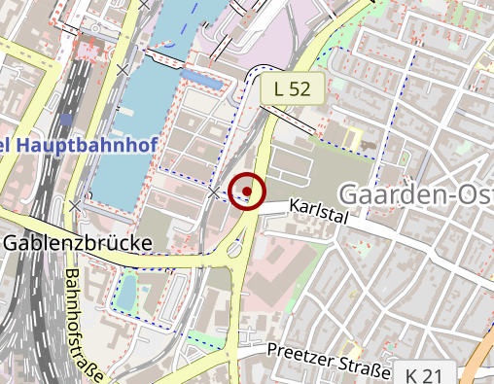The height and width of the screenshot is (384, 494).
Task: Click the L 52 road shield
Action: click(292, 89)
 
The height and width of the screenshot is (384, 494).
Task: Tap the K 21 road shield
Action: click(425, 374)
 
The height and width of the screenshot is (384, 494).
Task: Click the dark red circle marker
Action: click(248, 192)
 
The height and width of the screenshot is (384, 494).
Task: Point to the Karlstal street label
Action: click(319, 210)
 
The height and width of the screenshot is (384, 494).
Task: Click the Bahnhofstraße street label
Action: click(86, 321)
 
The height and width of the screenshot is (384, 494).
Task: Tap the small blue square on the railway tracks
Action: click(65, 120)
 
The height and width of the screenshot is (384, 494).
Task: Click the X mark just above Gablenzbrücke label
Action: click(76, 206)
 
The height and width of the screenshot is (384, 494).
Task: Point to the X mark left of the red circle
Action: click(214, 193)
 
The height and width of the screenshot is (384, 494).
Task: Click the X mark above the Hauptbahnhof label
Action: click(123, 70)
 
